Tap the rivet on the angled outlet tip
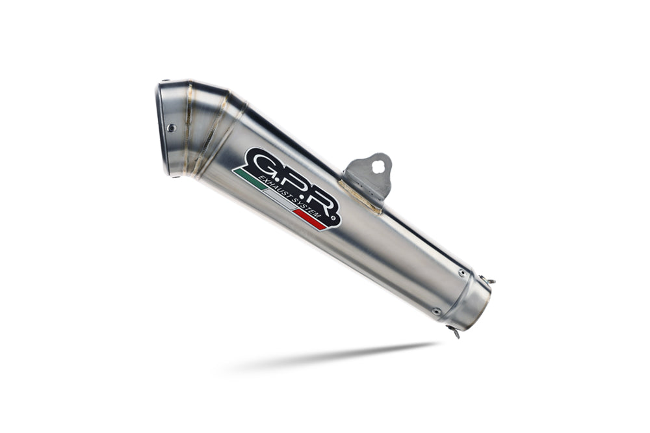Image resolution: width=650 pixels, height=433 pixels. [x=171, y=128]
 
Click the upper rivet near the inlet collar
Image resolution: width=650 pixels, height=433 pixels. [x=461, y=273]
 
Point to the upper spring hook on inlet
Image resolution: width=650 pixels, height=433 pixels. [x=489, y=281]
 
